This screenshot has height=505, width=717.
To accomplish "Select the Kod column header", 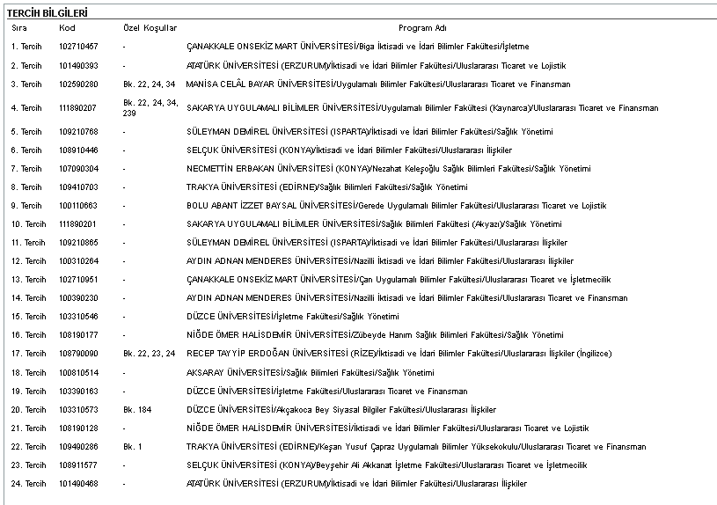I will (67, 28).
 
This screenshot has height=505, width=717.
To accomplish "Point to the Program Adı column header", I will (422, 28).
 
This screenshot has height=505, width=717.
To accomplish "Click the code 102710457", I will (78, 46).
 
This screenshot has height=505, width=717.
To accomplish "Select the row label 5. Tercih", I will (26, 132).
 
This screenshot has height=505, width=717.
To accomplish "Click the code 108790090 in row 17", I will (78, 354).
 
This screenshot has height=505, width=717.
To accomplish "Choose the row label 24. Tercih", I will (28, 484).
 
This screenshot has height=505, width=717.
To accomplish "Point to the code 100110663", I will (78, 206).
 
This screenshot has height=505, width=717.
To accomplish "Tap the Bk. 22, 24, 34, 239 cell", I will (150, 108).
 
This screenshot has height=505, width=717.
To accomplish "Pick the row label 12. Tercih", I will (28, 261).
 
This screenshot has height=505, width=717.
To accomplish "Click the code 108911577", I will (78, 465).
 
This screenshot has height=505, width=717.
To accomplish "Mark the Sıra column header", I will (19, 28).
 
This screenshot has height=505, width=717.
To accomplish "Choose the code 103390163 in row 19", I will (78, 392).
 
